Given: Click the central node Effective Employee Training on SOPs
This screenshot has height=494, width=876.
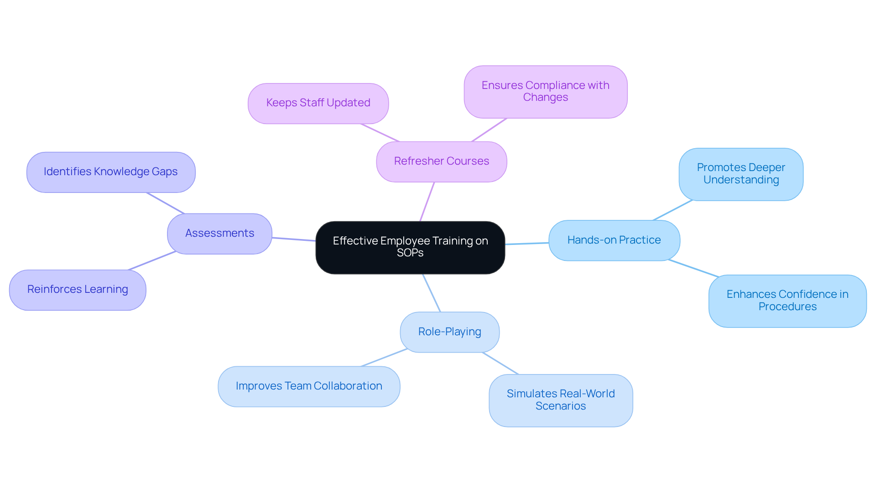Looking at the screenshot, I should (x=410, y=247).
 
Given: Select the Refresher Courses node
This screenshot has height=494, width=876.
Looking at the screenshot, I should (x=441, y=161).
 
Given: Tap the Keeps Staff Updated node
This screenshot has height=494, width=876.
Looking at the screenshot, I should (x=318, y=103).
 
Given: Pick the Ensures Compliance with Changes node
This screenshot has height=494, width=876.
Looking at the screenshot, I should (x=545, y=92).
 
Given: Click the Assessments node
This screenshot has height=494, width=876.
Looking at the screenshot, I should (x=219, y=234).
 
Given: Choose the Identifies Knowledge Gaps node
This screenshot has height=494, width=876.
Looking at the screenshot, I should (x=111, y=172).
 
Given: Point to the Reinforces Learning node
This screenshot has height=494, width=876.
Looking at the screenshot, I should (x=78, y=290).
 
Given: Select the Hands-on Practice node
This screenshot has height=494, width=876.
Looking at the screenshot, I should (x=614, y=240).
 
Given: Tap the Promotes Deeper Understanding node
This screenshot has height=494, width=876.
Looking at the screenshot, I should (x=741, y=174).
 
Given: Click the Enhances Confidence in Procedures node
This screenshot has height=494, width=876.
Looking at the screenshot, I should (x=787, y=301).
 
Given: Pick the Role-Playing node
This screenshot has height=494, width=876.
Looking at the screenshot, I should (x=449, y=332).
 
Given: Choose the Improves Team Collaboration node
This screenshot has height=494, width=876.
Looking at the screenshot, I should (x=309, y=386).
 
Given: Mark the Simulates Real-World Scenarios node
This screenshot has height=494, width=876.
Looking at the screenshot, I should (x=561, y=400).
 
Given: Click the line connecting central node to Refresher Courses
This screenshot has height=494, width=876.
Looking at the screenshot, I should (x=427, y=202).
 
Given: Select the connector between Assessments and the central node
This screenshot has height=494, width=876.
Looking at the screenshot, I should (x=294, y=239).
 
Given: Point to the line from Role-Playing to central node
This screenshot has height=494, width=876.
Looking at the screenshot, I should (x=432, y=293).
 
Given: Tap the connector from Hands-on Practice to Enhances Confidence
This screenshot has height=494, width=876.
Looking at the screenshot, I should (x=693, y=268).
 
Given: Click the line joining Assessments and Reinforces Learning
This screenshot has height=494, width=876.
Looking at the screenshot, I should (x=152, y=260).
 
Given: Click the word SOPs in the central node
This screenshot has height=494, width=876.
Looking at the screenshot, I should (x=410, y=253).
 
